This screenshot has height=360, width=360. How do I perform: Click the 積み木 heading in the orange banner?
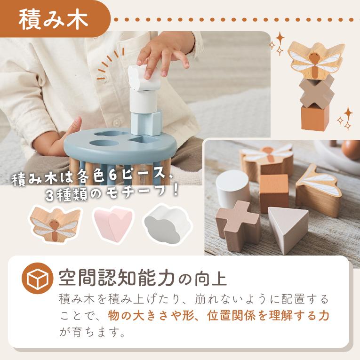click(53, 19)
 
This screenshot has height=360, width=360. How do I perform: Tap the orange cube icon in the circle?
click(38, 279)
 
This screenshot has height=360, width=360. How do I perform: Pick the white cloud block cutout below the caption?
click(167, 224)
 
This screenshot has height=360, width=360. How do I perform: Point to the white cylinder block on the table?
click(232, 189)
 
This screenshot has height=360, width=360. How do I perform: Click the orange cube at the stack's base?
click(315, 118)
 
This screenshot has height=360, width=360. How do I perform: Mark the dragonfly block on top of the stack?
click(316, 59)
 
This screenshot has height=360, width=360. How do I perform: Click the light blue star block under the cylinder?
click(146, 123)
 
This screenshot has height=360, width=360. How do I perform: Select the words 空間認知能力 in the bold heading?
click(116, 278)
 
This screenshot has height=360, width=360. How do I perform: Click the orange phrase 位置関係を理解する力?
click(268, 315)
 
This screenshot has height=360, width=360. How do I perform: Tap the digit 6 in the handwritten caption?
click(112, 177)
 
